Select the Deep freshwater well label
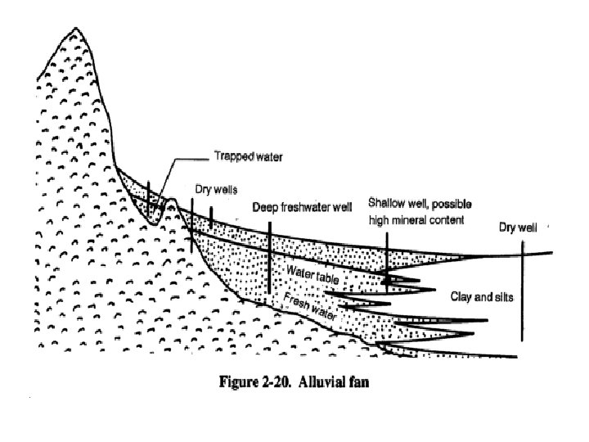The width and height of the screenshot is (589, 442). (302, 207)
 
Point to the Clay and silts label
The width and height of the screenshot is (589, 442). (482, 296)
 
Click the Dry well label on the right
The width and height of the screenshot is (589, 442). (517, 228)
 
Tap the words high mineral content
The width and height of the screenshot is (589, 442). (416, 220)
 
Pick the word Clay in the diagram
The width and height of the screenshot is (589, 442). (461, 296)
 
